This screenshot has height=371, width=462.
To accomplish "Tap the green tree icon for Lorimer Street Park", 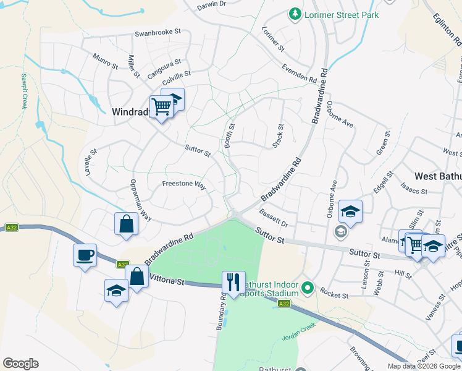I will (x=295, y=14).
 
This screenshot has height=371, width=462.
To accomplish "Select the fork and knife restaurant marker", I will (x=233, y=282).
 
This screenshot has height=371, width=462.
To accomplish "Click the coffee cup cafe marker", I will (x=85, y=254).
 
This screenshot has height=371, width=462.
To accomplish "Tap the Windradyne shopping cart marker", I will (x=161, y=106).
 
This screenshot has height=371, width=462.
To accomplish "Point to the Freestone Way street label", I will (x=183, y=184).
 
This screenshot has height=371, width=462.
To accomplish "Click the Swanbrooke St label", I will (x=157, y=32).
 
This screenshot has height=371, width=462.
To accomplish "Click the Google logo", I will (x=20, y=364).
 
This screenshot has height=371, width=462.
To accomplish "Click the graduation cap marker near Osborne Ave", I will (x=350, y=211).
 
